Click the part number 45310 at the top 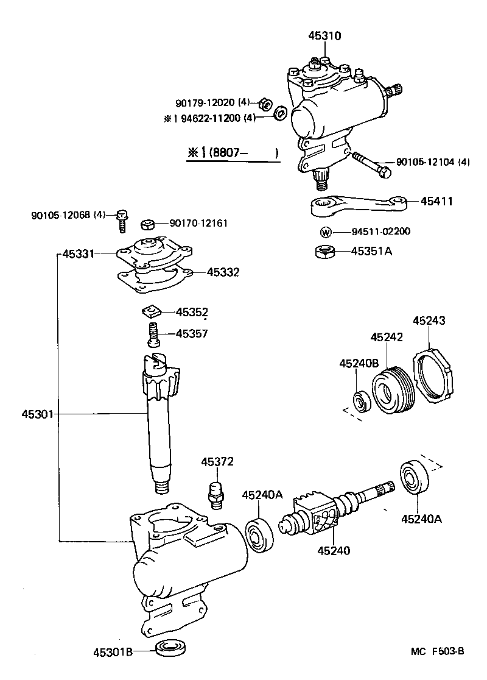(x=324, y=36)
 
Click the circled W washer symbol (x=326, y=232)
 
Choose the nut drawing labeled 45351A (x=325, y=251)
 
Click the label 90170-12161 (x=198, y=224)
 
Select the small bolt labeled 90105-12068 (x=122, y=220)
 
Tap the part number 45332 (x=223, y=272)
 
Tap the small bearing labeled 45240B (x=363, y=402)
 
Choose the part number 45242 (x=387, y=337)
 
